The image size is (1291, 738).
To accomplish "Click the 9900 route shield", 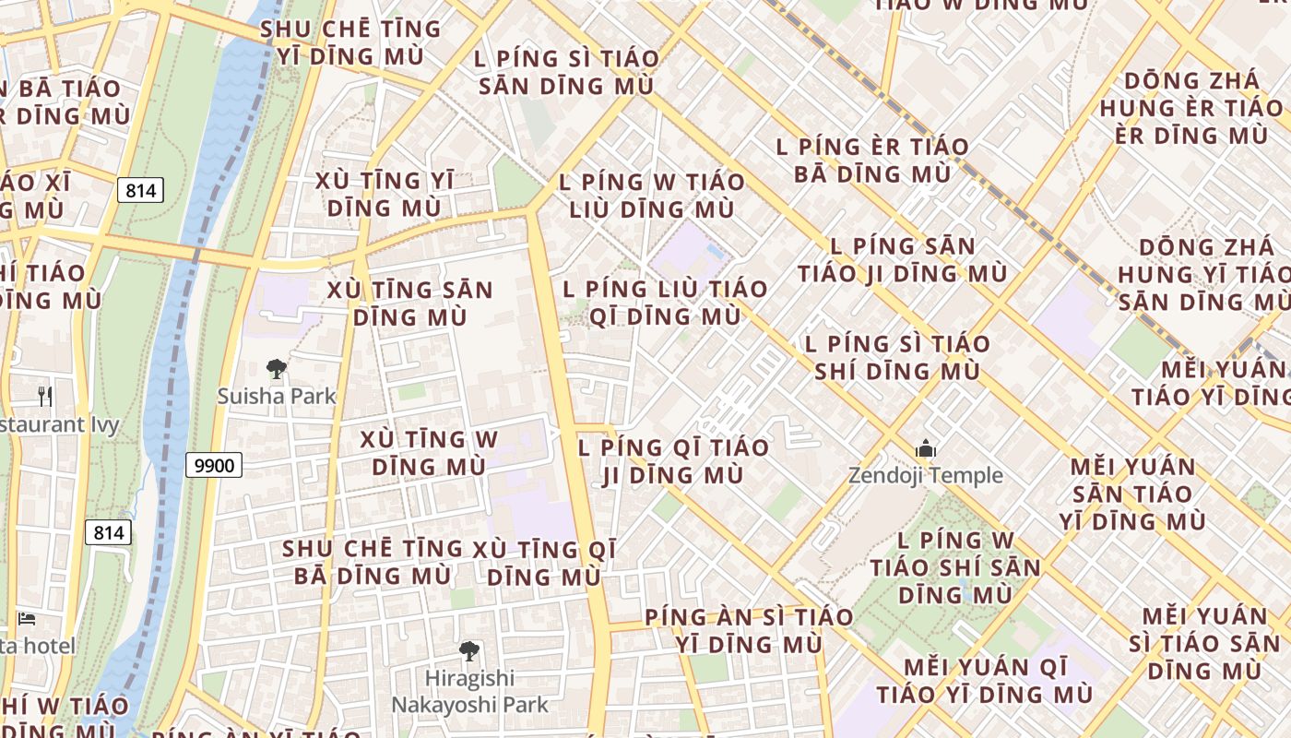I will click(214, 465).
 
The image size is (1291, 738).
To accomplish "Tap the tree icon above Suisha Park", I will click(276, 370).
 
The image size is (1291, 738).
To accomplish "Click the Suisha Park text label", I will click(277, 396).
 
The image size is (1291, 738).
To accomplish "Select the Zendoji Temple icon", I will click(926, 449).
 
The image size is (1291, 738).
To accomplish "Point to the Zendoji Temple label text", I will click(926, 475).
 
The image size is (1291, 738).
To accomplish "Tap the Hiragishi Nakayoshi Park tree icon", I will click(469, 651).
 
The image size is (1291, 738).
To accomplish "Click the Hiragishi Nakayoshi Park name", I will click(469, 691).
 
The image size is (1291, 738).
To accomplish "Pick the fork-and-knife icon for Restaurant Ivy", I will click(45, 396).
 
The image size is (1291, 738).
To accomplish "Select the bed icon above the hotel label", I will click(27, 618).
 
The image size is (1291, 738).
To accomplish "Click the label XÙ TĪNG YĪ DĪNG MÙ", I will click(385, 194).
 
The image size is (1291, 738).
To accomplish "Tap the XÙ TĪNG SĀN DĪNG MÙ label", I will click(410, 304).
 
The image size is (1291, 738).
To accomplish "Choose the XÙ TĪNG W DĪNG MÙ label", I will click(429, 453).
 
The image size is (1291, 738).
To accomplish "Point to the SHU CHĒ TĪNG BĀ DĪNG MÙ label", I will click(373, 562).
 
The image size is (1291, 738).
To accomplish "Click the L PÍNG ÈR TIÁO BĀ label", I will click(872, 160).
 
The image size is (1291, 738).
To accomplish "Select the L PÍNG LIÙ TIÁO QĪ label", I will click(665, 303).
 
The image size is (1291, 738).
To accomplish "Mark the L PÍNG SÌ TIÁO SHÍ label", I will click(897, 357).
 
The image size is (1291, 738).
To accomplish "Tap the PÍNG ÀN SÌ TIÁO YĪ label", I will click(749, 630).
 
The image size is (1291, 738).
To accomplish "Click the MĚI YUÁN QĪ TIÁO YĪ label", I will click(985, 680).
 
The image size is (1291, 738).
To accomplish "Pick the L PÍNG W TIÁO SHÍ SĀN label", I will click(955, 567).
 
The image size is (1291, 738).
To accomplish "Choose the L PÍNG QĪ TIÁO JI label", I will click(673, 461).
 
